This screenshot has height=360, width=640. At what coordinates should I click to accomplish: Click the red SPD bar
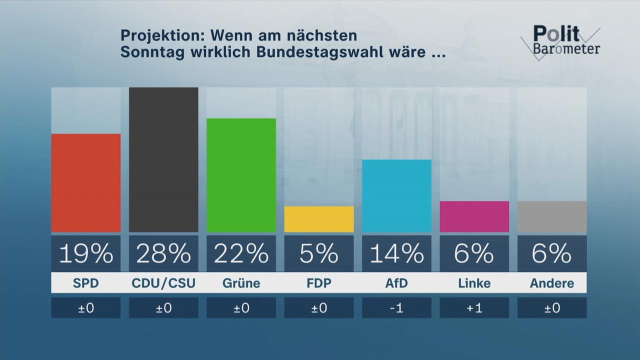point(85,183)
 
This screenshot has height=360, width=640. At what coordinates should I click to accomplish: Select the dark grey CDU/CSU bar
point(163,159)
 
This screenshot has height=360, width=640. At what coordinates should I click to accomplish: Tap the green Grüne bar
point(241,175)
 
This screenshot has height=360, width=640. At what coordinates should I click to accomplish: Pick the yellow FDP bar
point(319,219)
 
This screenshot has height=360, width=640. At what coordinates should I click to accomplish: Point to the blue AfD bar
point(396,196)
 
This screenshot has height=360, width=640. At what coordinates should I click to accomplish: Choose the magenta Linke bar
point(474,216)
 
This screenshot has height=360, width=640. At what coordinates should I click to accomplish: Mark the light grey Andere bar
point(552,216)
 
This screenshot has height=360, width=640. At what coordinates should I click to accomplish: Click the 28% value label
point(163,254)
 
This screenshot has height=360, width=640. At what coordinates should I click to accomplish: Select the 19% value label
point(85,254)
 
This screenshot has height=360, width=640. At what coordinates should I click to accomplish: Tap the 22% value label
point(241,254)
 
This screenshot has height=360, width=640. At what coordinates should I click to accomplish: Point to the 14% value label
point(396,254)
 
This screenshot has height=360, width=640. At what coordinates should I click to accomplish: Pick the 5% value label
point(319,254)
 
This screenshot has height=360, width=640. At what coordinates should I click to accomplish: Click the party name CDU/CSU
point(163,283)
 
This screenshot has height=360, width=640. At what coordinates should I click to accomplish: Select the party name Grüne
point(241,283)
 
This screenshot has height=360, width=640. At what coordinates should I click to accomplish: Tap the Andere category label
point(552,283)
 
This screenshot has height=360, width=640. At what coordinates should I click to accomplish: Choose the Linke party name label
point(474,283)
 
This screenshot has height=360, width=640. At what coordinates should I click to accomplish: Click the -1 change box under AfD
point(396,308)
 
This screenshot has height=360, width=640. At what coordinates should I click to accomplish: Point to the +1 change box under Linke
point(474,308)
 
